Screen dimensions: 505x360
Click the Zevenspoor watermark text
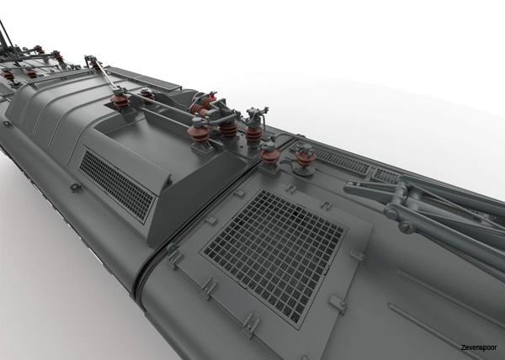(478, 347)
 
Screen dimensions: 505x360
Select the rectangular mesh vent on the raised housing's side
(116, 185)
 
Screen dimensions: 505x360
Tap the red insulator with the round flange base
(305, 160)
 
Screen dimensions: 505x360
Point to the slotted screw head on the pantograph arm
(407, 227)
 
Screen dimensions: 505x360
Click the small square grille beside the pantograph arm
(385, 175)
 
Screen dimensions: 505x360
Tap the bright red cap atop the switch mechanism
(212, 94)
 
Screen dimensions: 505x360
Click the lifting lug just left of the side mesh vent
(75, 188)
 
